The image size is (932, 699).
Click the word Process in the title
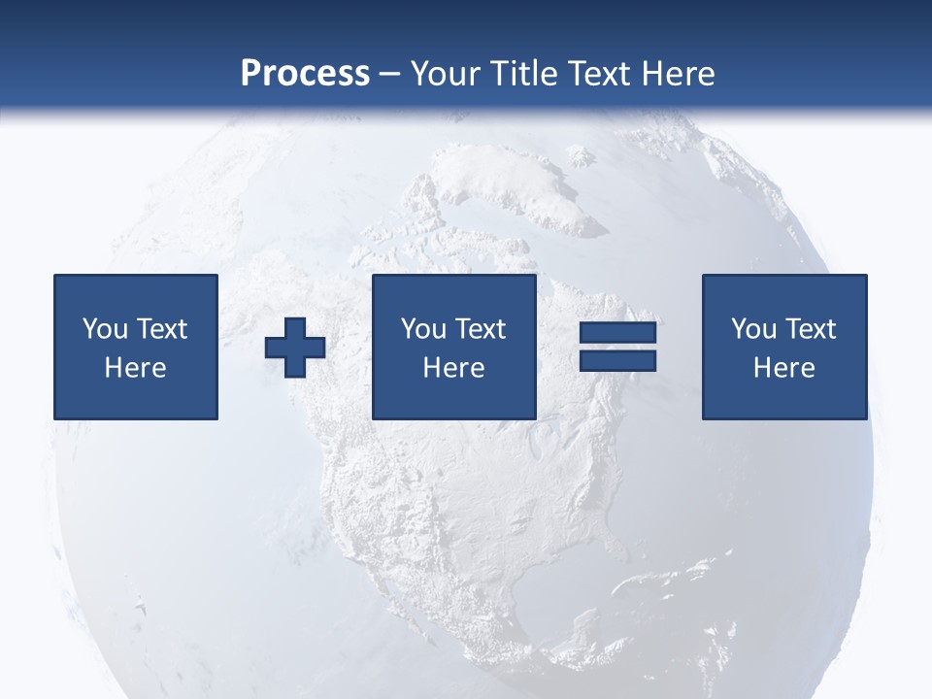tap(305, 74)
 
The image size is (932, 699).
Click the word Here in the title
tap(679, 74)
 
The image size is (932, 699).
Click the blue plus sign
tap(295, 347)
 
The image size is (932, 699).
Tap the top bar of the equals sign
tap(617, 333)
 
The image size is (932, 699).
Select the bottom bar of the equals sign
tap(617, 360)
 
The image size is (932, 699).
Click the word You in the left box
tap(104, 329)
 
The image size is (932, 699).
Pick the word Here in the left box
tap(135, 368)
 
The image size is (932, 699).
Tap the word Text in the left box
tap(160, 329)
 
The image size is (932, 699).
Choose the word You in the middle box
tap(422, 329)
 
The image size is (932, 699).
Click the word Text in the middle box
tap(480, 329)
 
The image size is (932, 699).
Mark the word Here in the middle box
tap(453, 368)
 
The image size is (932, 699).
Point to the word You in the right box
tap(752, 329)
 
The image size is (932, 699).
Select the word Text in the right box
tap(810, 329)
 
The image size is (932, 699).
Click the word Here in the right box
tap(783, 368)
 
